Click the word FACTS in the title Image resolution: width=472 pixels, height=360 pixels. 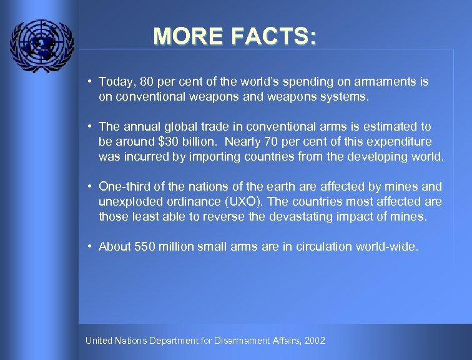click(x=273, y=36)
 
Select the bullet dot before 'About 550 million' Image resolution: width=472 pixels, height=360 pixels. click(x=91, y=246)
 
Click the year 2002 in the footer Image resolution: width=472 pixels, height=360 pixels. click(x=315, y=341)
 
